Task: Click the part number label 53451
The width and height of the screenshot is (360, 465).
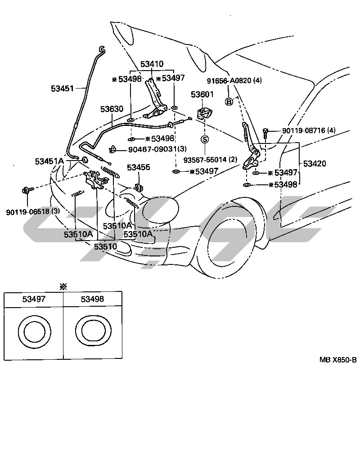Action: point(62,89)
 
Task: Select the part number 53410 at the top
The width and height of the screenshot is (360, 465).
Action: point(152,64)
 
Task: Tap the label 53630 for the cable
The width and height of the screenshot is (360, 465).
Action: point(112,109)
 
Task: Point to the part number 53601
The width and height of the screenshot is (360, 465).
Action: point(202,95)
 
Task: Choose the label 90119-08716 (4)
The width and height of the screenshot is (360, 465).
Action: point(309,130)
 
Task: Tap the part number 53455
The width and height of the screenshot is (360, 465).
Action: point(138,167)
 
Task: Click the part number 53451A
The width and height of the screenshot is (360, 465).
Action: point(49,161)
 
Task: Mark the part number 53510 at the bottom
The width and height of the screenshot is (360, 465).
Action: point(105,246)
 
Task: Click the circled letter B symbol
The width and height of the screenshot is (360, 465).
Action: point(229,102)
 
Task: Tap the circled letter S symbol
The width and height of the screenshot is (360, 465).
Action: point(205,139)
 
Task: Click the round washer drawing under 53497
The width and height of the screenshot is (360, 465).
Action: point(34,332)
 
